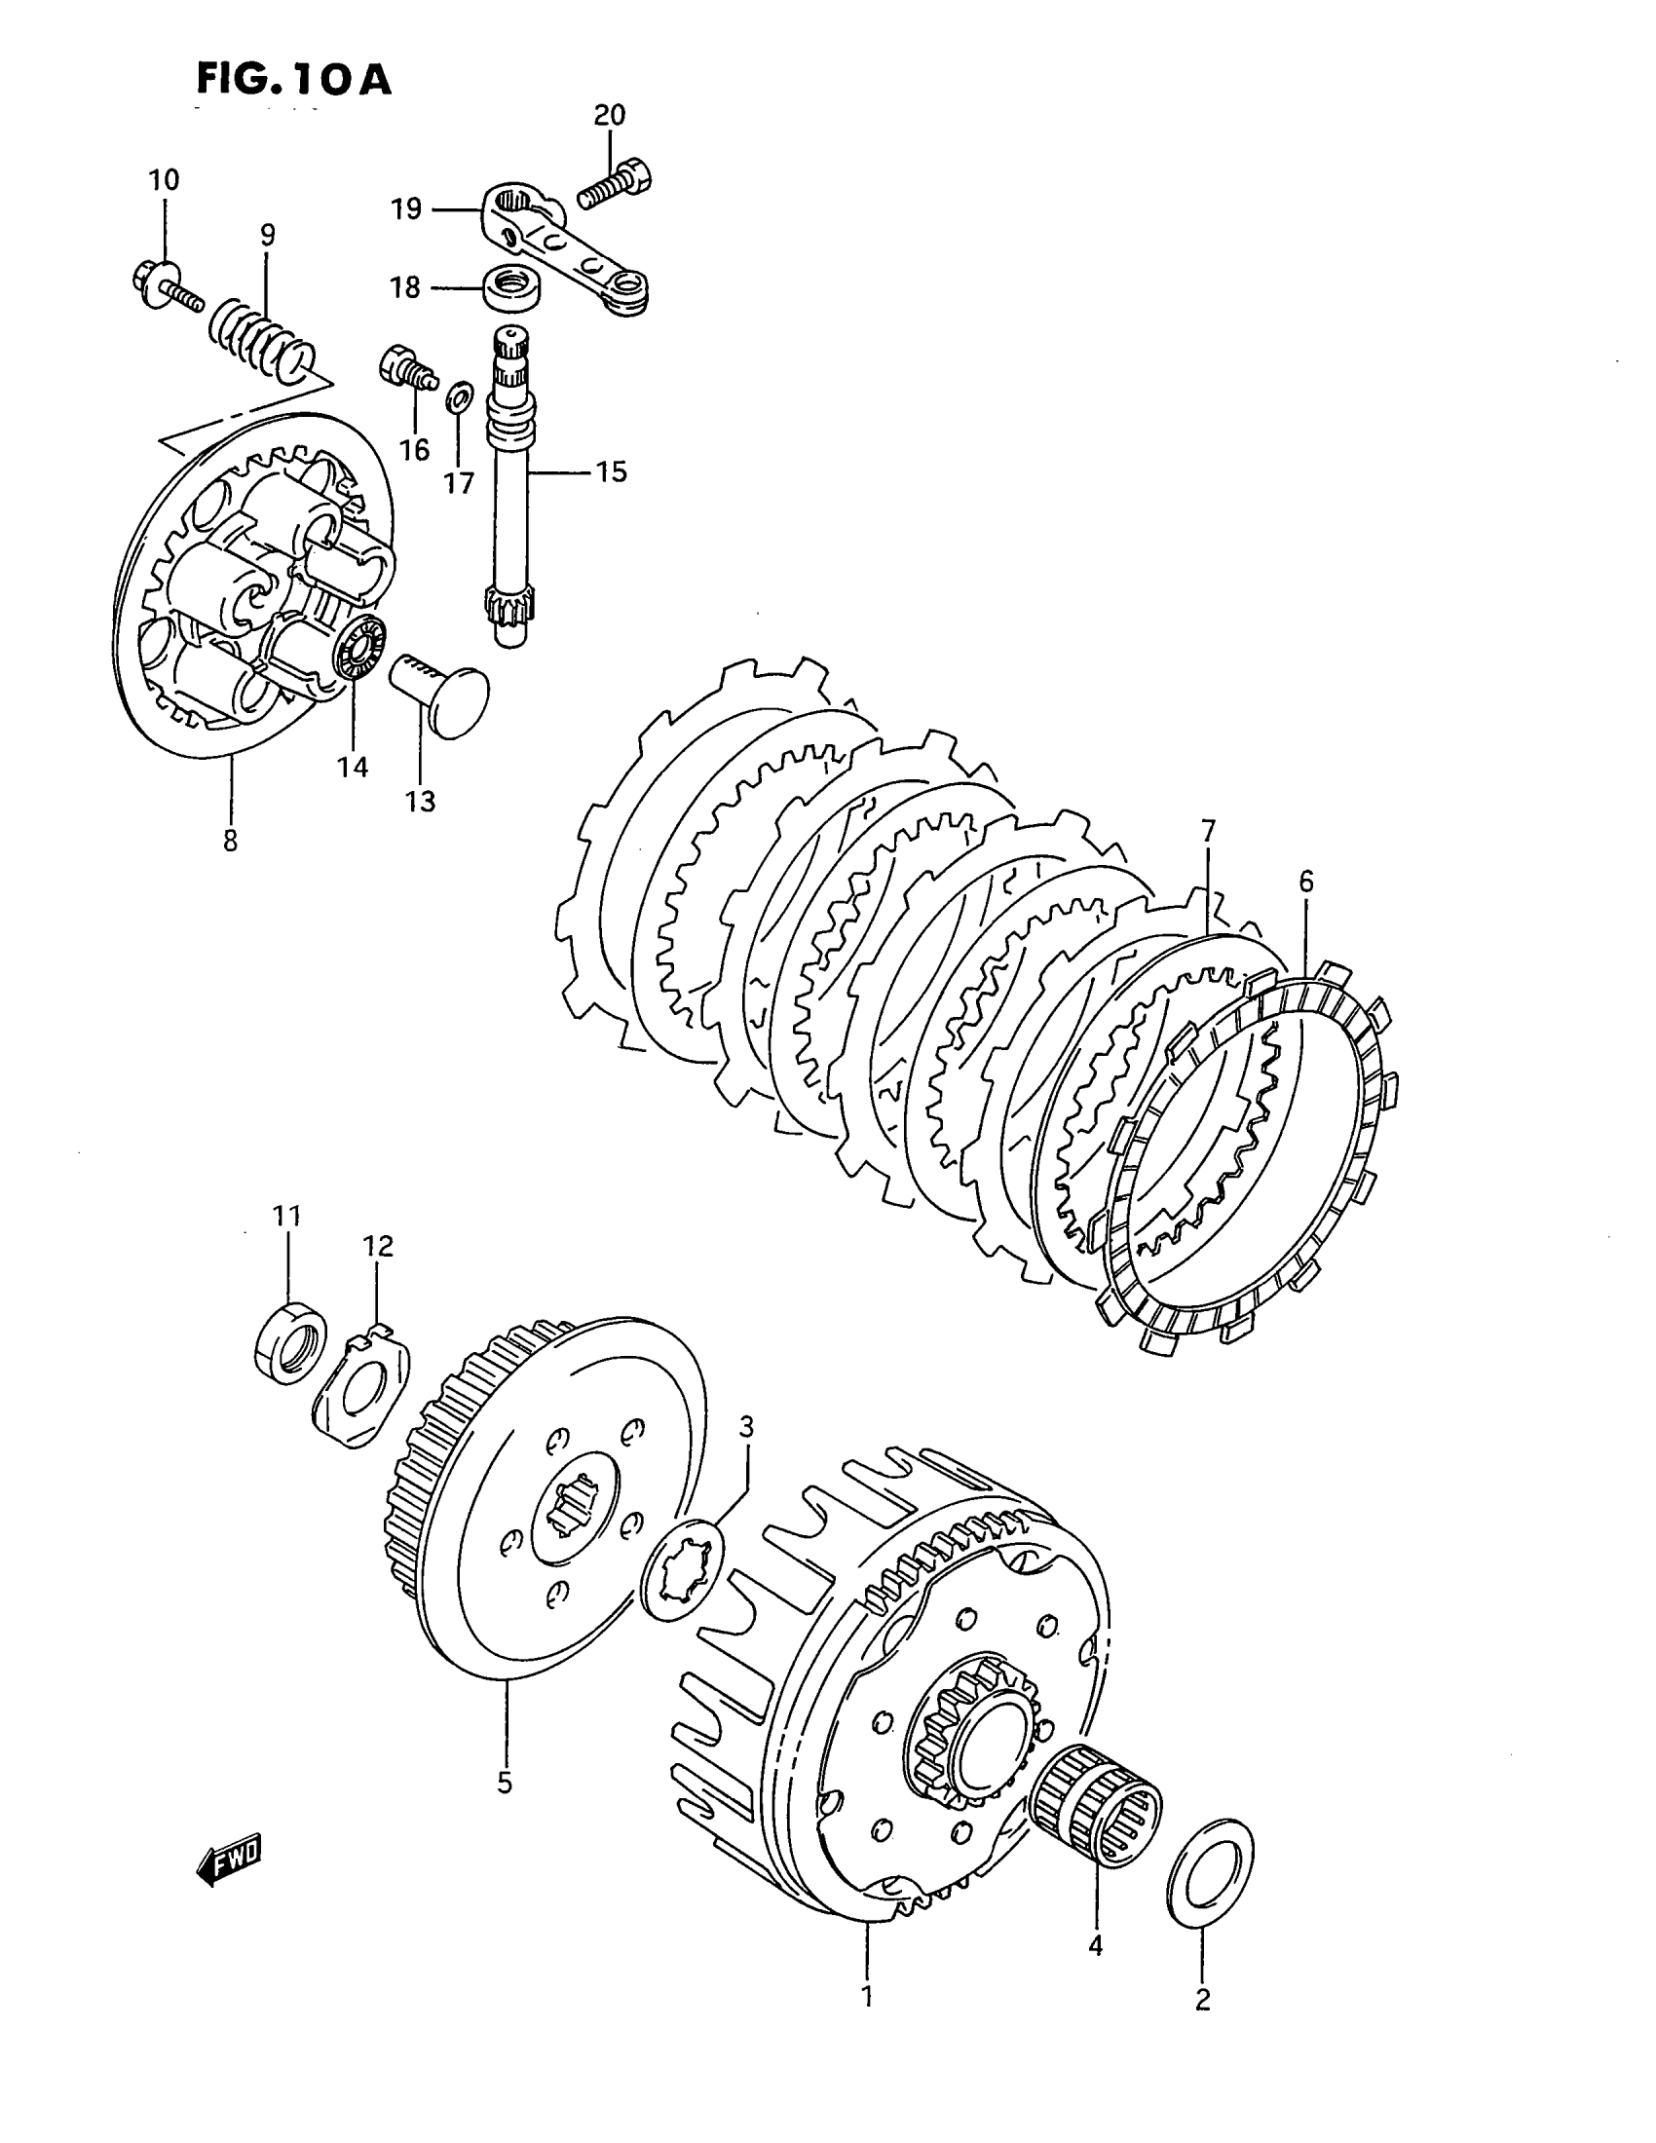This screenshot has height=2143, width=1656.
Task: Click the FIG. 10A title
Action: pos(293,79)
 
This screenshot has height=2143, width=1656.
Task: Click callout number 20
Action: pos(608,116)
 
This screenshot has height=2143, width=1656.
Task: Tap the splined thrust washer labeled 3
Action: pos(681,1567)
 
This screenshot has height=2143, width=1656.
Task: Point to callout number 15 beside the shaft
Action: pos(610,472)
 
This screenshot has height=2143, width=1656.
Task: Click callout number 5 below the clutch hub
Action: pos(505,1783)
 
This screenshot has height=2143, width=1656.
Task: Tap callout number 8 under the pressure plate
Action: pos(230,841)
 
